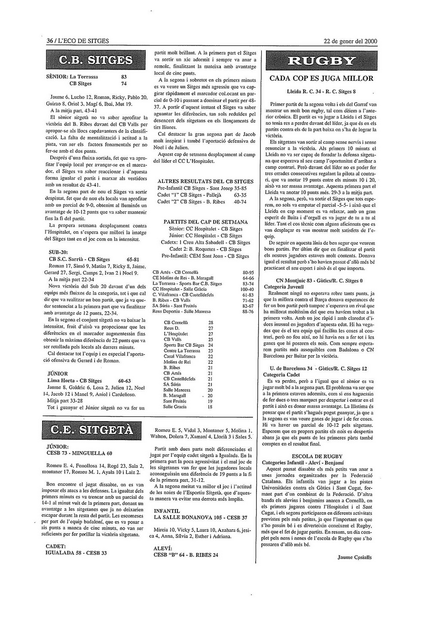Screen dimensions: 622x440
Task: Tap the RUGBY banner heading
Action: (x=321, y=61)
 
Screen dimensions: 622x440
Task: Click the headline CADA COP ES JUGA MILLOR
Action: (x=321, y=79)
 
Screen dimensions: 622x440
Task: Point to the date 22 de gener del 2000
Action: (x=350, y=41)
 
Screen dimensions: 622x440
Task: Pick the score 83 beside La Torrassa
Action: (x=124, y=76)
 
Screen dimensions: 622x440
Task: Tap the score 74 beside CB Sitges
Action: (x=124, y=83)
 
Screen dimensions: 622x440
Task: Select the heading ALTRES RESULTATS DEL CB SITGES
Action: (x=205, y=182)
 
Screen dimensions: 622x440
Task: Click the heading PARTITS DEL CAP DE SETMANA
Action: (x=205, y=222)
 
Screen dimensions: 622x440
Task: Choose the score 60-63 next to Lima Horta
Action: (x=125, y=381)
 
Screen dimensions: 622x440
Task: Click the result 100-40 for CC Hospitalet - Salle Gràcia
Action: (x=247, y=289)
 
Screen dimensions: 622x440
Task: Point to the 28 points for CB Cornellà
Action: (x=211, y=322)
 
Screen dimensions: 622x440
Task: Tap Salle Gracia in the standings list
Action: (x=175, y=407)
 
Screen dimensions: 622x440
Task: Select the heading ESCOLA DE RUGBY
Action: (x=317, y=456)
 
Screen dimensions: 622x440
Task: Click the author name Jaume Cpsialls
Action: (x=354, y=558)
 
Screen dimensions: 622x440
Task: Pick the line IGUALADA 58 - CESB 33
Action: (x=76, y=553)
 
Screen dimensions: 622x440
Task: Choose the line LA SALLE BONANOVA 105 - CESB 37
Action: (x=200, y=518)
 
